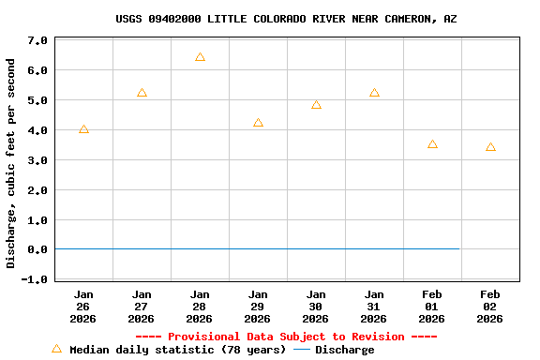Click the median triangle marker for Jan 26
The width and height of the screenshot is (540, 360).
point(83,129)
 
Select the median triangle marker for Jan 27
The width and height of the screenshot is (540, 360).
point(142,93)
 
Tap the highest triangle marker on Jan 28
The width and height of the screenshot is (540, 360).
point(200,57)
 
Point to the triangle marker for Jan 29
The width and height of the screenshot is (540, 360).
point(258,123)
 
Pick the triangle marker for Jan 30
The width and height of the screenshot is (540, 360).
point(316,105)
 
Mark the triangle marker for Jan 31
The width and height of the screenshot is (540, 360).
point(374,93)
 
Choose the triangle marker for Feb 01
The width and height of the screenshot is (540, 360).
point(432,144)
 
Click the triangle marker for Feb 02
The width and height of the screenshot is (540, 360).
point(490,147)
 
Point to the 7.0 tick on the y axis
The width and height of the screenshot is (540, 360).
point(37,40)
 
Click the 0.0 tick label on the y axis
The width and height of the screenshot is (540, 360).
point(37,249)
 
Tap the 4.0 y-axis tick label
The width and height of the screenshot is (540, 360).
point(37,130)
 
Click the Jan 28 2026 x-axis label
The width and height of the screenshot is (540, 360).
point(200,307)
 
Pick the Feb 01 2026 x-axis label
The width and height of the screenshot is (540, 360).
point(432,307)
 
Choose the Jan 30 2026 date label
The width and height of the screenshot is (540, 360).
point(316,307)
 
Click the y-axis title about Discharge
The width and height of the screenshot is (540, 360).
point(11,163)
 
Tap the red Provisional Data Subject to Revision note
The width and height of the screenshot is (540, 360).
point(286,337)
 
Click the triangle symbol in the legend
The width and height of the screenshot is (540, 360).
point(56,349)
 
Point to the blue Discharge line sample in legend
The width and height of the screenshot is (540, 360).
point(302,350)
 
